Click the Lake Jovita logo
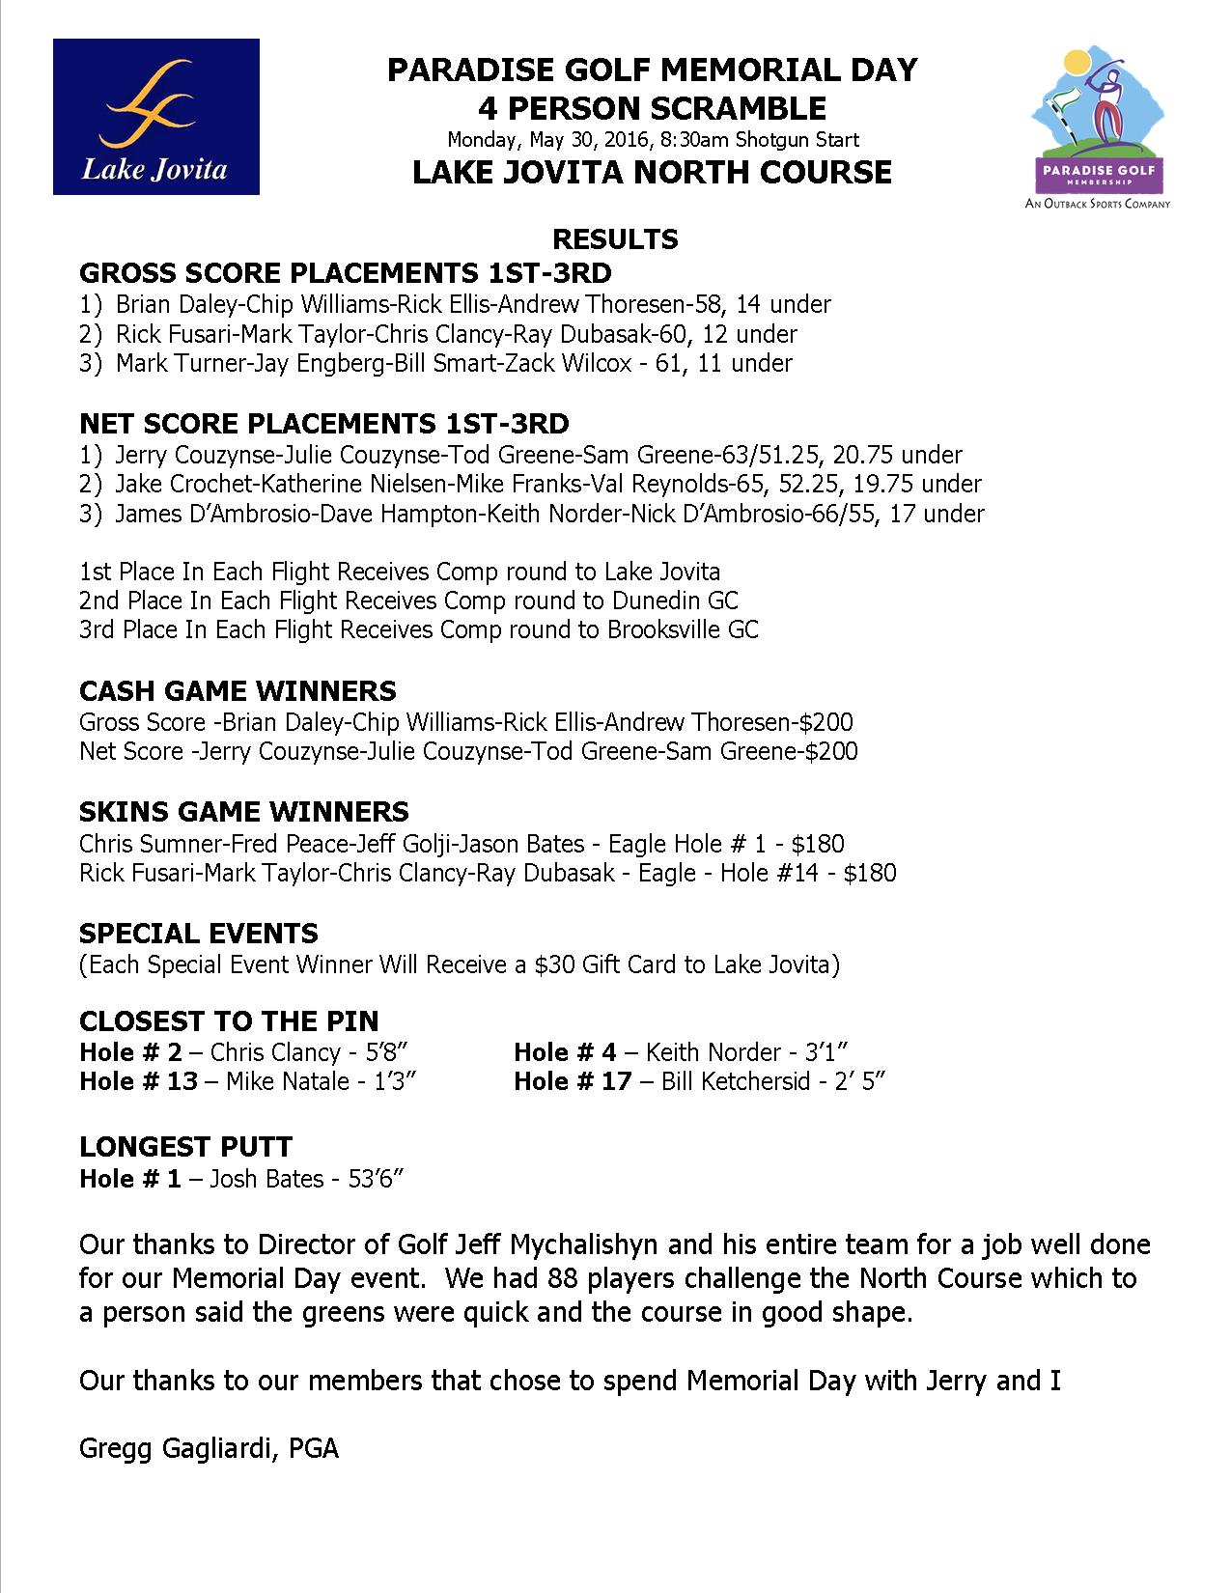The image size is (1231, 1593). (x=155, y=116)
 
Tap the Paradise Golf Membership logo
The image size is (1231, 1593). (x=1097, y=130)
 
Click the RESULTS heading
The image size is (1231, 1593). (x=614, y=239)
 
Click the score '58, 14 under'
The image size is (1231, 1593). (x=766, y=305)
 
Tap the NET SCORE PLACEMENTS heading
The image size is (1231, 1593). (x=323, y=424)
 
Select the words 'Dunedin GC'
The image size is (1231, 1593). (x=675, y=601)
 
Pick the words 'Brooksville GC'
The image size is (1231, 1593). (x=683, y=630)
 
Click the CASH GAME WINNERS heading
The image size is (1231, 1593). (x=238, y=691)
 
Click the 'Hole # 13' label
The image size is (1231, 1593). (x=138, y=1081)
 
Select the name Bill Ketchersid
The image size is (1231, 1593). (x=736, y=1081)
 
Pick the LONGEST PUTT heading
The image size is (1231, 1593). (x=185, y=1147)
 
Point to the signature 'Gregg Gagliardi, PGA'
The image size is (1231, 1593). (x=209, y=1449)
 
